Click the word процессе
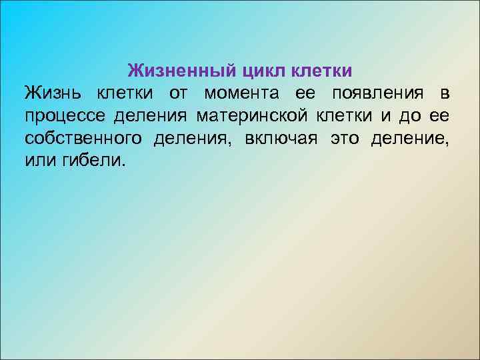[65, 117]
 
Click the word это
[345, 139]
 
